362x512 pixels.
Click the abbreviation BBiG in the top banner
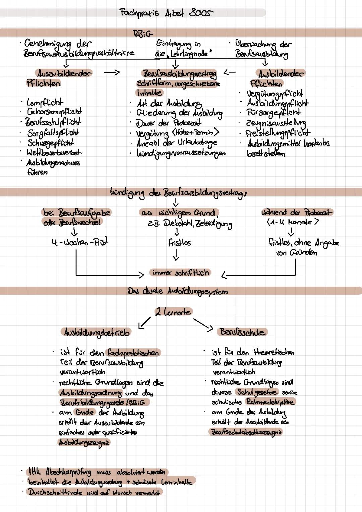point(143,33)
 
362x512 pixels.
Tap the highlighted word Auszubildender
point(64,73)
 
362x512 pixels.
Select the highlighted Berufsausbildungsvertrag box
point(179,73)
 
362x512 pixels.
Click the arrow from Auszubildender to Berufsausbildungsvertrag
point(112,72)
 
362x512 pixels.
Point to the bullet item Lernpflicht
point(45,102)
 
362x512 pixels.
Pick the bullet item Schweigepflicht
point(51,143)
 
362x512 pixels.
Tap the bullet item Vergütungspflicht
point(275,93)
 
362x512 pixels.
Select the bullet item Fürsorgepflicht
point(274,113)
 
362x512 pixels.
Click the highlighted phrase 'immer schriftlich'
point(181,273)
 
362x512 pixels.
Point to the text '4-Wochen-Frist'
point(80,242)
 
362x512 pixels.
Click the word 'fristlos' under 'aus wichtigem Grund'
point(179,242)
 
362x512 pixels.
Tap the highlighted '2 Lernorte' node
point(173,312)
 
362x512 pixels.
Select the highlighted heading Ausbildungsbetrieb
point(97,332)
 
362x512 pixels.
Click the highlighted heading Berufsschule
point(243,332)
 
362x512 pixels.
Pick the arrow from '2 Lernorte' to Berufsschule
point(203,324)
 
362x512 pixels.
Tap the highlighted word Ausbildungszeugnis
point(84,443)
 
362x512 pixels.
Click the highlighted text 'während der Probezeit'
point(297,212)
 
